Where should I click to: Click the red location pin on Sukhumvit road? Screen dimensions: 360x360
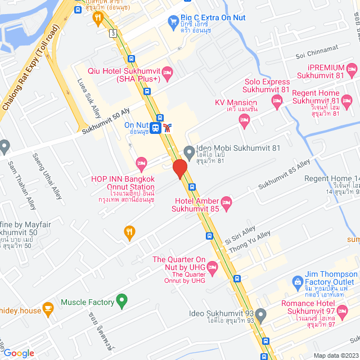click(x=179, y=169)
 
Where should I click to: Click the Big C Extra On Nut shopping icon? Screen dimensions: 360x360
click(x=173, y=22)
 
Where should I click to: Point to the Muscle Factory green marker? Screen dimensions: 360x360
click(x=120, y=301)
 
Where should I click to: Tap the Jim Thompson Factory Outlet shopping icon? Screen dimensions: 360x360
click(x=297, y=281)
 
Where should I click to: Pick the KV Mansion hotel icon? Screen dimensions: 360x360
click(x=244, y=119)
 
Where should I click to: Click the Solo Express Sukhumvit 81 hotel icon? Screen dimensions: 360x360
click(x=276, y=101)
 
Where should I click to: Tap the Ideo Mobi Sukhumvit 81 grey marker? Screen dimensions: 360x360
click(x=190, y=152)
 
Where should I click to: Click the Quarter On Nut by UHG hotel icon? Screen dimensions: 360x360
click(x=213, y=268)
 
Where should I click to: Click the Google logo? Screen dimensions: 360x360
click(x=19, y=353)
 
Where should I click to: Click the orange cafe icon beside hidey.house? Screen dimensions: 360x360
click(x=48, y=308)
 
